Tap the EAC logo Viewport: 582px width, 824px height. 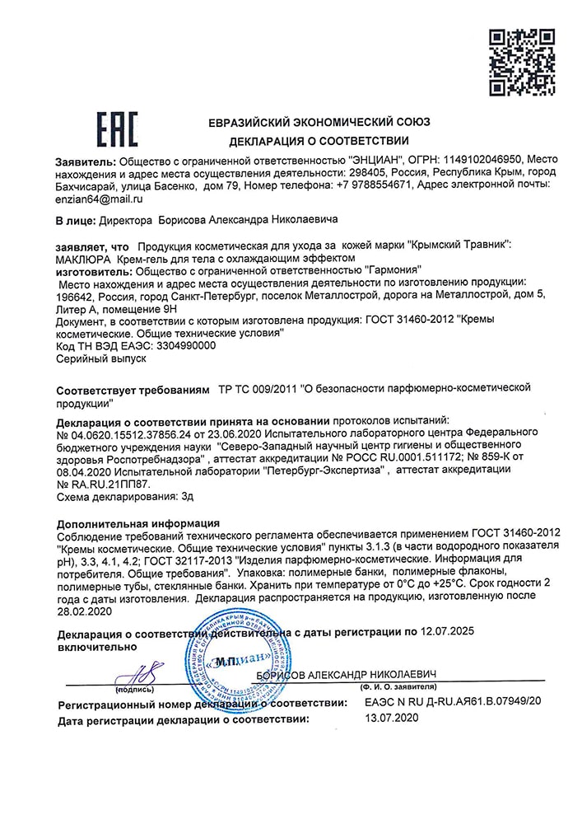point(117,130)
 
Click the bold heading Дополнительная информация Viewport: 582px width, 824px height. point(137,523)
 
